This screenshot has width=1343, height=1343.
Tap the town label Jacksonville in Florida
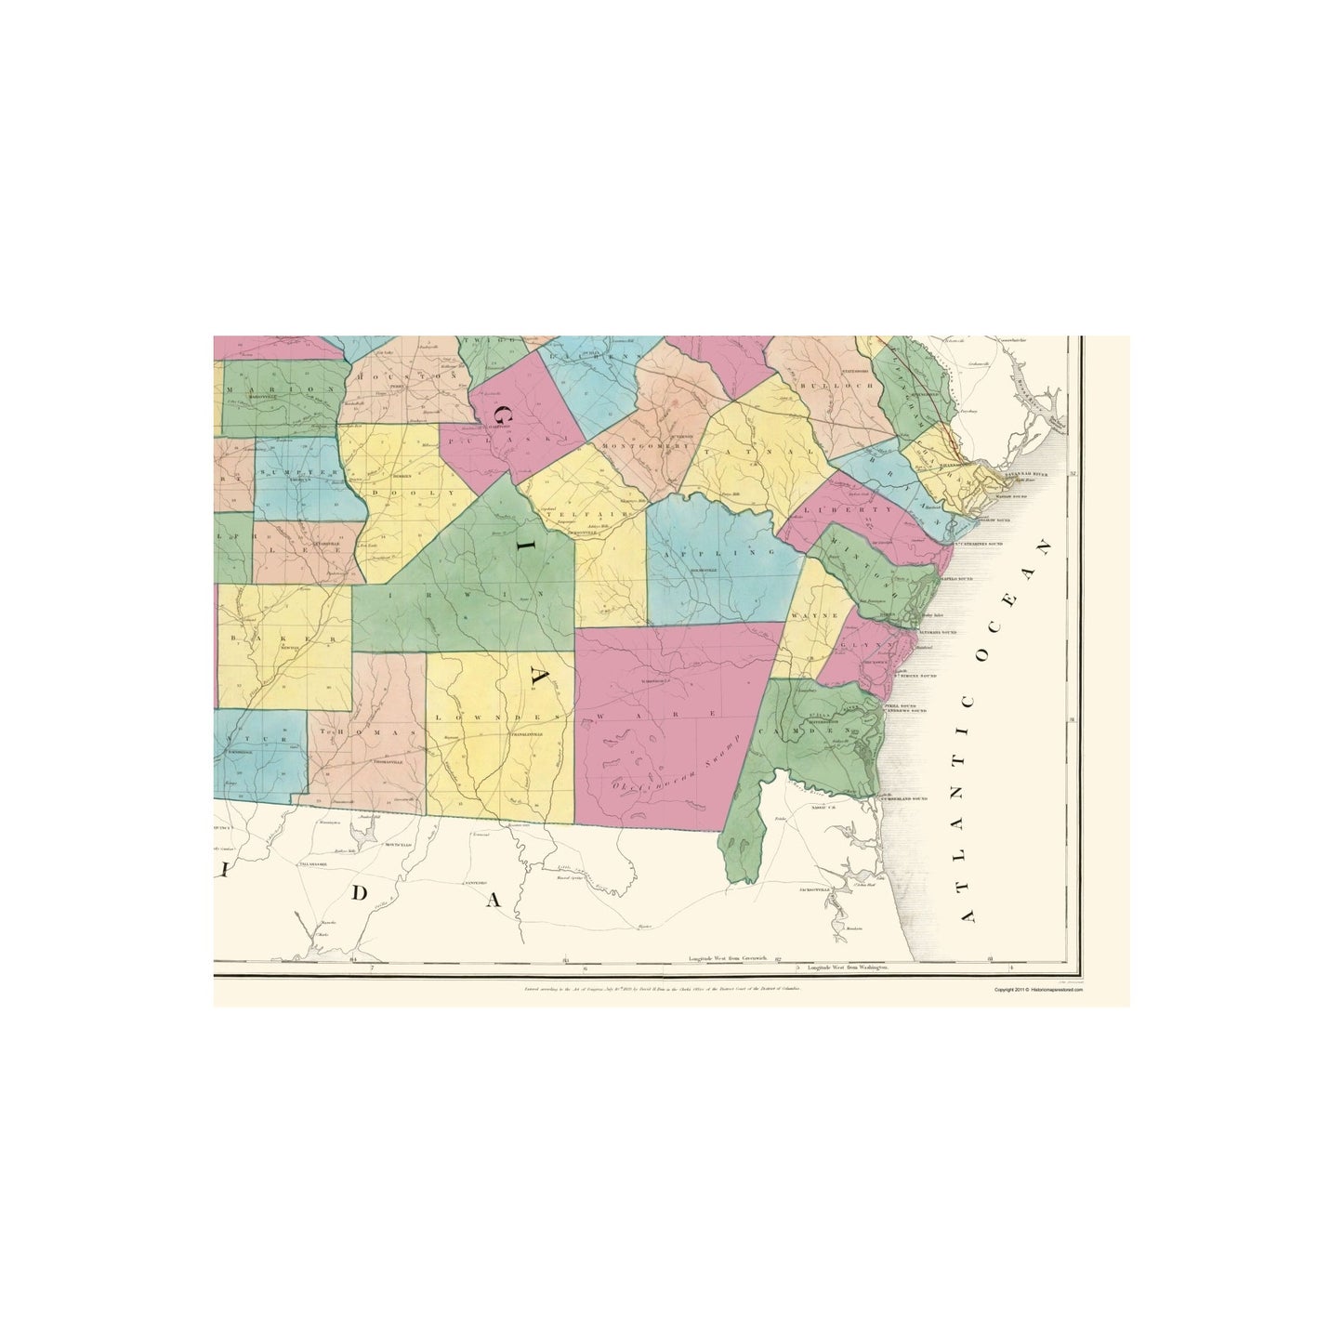click(813, 889)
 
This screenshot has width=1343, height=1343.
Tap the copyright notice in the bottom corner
click(1038, 990)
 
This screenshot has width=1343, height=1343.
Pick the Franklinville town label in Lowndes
click(524, 733)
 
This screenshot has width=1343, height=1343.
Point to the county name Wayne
click(802, 615)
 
